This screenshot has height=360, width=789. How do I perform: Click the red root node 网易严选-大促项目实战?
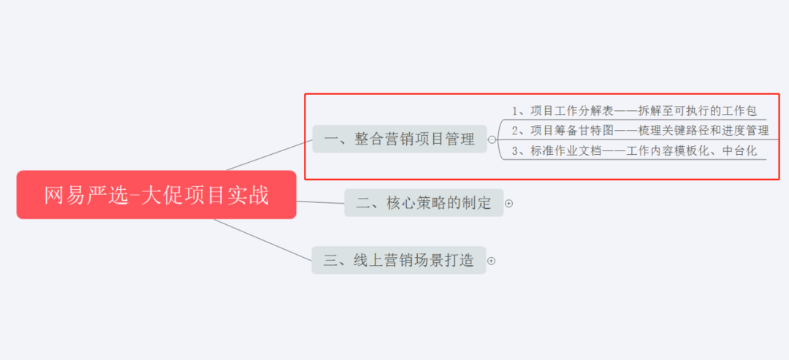coord(156,195)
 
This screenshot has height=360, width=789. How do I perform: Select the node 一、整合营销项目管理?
coord(400,139)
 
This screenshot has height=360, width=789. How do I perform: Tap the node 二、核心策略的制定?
coord(424,203)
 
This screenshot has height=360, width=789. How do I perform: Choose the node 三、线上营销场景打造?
coord(399,260)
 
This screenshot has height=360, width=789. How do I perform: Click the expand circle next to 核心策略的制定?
coord(509,204)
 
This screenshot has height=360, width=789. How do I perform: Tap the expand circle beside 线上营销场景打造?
coord(492,261)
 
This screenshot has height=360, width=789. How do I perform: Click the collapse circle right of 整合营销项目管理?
coord(492,139)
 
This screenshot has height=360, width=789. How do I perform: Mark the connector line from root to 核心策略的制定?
coord(320,202)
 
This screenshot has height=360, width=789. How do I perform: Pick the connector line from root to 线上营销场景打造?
coord(263,239)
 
